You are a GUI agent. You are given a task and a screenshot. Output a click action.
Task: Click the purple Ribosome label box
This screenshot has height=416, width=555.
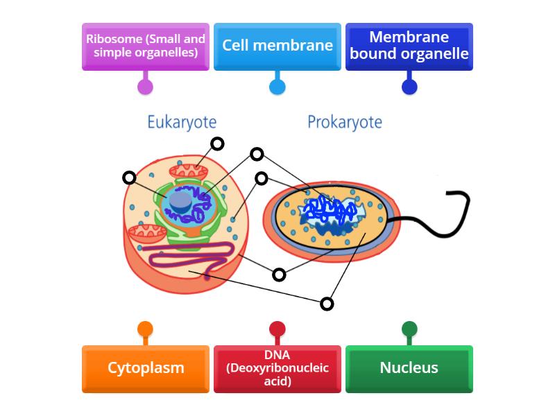(x=145, y=46)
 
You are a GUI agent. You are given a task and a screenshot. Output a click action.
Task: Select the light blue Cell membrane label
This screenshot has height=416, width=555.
(x=277, y=46)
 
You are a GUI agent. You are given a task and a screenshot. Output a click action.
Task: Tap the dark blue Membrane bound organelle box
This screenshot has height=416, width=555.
(x=409, y=46)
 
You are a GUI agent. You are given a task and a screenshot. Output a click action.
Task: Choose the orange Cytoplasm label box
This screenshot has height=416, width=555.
(x=145, y=368)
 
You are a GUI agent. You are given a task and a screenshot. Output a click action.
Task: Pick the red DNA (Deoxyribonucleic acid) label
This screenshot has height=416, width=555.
(x=277, y=368)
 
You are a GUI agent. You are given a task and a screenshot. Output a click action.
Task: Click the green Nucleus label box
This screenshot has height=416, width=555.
(x=409, y=368)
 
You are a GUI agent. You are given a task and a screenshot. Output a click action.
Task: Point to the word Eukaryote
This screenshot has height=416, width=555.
(x=182, y=123)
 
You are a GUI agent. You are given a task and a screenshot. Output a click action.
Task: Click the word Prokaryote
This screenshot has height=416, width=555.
(x=345, y=123)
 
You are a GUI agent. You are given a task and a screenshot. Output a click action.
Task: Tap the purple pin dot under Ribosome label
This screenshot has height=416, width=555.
(x=145, y=87)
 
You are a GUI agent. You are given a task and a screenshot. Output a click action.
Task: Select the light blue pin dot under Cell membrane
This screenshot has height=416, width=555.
(x=277, y=87)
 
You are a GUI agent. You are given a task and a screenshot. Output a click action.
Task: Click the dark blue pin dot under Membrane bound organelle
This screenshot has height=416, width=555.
(x=409, y=87)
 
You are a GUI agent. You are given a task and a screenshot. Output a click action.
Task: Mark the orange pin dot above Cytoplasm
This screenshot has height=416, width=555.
(x=145, y=329)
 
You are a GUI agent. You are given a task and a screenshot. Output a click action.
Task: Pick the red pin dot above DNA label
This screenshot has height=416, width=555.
(x=277, y=329)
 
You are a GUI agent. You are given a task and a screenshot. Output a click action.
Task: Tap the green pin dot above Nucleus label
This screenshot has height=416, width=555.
(x=409, y=329)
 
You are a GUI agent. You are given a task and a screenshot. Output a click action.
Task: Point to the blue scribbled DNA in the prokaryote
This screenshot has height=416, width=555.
(x=330, y=208)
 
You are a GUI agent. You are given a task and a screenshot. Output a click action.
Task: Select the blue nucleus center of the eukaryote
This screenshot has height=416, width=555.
(x=181, y=200)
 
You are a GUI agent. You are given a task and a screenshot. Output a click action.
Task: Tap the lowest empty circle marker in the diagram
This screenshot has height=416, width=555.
(x=327, y=304)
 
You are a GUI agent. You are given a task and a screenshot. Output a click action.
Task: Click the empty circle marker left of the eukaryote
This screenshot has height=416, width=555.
(x=129, y=178)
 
